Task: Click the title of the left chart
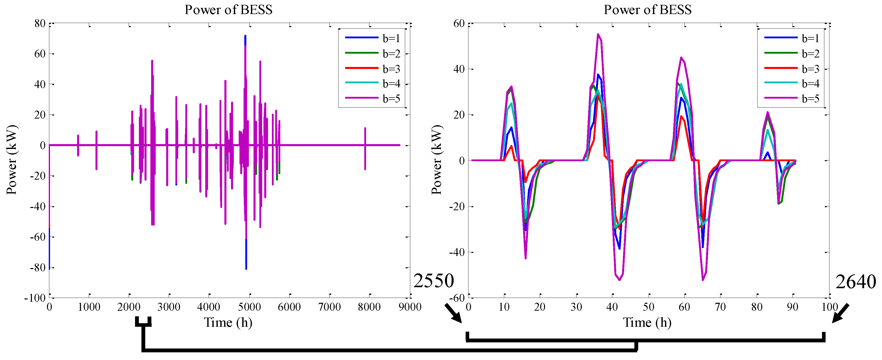click(228, 10)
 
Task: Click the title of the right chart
click(647, 10)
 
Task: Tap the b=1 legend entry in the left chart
click(391, 38)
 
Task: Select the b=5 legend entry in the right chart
click(810, 99)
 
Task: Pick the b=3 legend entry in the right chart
click(810, 69)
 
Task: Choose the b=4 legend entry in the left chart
click(391, 84)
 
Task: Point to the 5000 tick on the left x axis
click(249, 307)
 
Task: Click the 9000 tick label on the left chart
click(410, 307)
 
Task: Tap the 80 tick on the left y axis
click(40, 23)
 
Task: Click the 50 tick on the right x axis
click(648, 307)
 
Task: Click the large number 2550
click(433, 281)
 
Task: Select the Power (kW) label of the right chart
click(437, 160)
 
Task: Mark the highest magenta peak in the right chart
click(598, 34)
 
